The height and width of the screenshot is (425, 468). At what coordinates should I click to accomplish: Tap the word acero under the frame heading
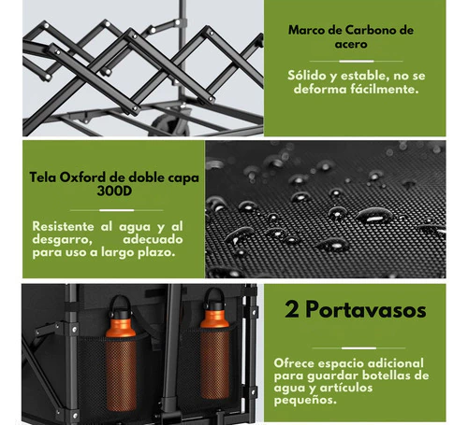(x=351, y=44)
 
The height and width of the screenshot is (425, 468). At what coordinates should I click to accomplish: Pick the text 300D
(x=114, y=191)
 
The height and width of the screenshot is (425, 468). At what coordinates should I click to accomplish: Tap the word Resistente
(x=63, y=226)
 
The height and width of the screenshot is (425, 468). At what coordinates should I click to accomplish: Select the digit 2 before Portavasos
(x=292, y=309)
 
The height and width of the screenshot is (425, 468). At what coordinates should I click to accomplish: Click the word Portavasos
(x=366, y=310)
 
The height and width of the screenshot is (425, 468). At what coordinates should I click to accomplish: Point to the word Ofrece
(x=294, y=363)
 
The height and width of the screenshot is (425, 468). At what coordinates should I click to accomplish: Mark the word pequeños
(x=305, y=400)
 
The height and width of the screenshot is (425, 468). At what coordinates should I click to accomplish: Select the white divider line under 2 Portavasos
(x=358, y=347)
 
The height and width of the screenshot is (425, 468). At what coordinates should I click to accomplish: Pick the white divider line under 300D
(x=117, y=210)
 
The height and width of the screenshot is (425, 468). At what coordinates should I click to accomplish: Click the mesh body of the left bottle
(x=121, y=373)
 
